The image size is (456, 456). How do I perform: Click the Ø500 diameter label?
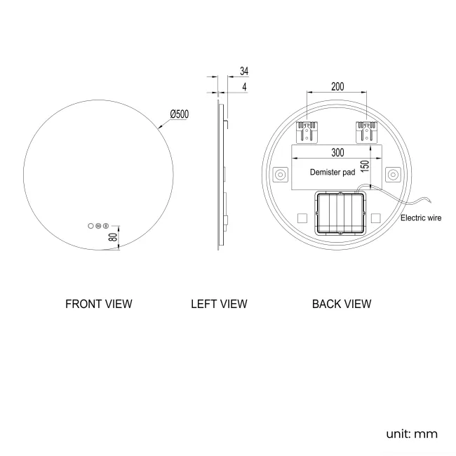tap(179, 114)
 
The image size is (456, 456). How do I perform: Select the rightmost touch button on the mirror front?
tap(106, 226)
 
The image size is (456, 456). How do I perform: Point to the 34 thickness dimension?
tap(244, 72)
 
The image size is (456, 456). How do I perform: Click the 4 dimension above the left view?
tap(244, 87)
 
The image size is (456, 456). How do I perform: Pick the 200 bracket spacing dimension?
tap(337, 87)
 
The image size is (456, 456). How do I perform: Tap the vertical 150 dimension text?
tap(365, 166)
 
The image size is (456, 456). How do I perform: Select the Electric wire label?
tap(420, 218)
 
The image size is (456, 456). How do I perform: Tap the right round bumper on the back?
tap(393, 174)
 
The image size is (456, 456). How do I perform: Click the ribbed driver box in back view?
tap(338, 214)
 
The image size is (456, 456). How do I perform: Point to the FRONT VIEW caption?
tap(98, 304)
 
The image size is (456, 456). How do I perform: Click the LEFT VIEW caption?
tap(219, 304)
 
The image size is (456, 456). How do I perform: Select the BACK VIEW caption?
tap(342, 304)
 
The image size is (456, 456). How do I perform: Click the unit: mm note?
tap(412, 434)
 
